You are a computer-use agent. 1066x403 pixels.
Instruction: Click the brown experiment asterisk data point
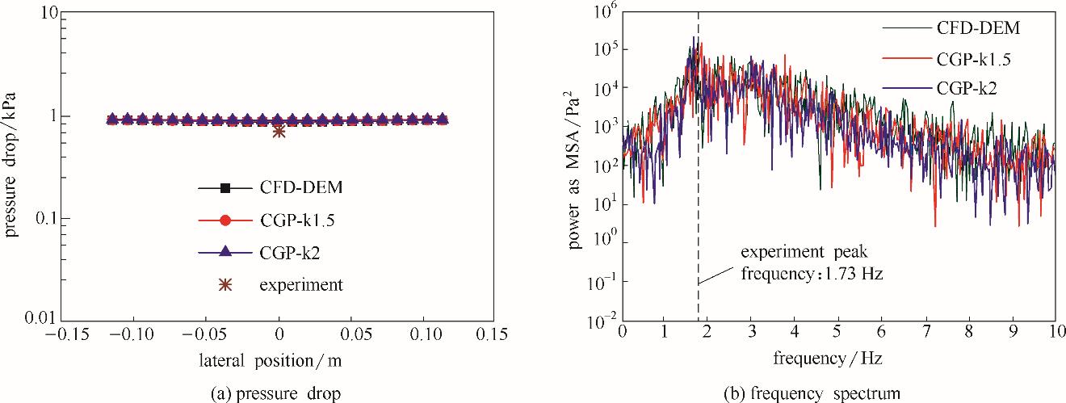[x=279, y=131]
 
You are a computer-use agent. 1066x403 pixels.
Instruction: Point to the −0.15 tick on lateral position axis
[x=63, y=334]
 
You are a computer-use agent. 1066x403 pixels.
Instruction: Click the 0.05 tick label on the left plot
[x=350, y=334]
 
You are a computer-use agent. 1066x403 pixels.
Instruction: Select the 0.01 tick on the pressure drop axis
[x=39, y=319]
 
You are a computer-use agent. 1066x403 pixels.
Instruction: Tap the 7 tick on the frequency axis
[x=925, y=332]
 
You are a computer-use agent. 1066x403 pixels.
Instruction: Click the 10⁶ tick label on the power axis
[x=602, y=11]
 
